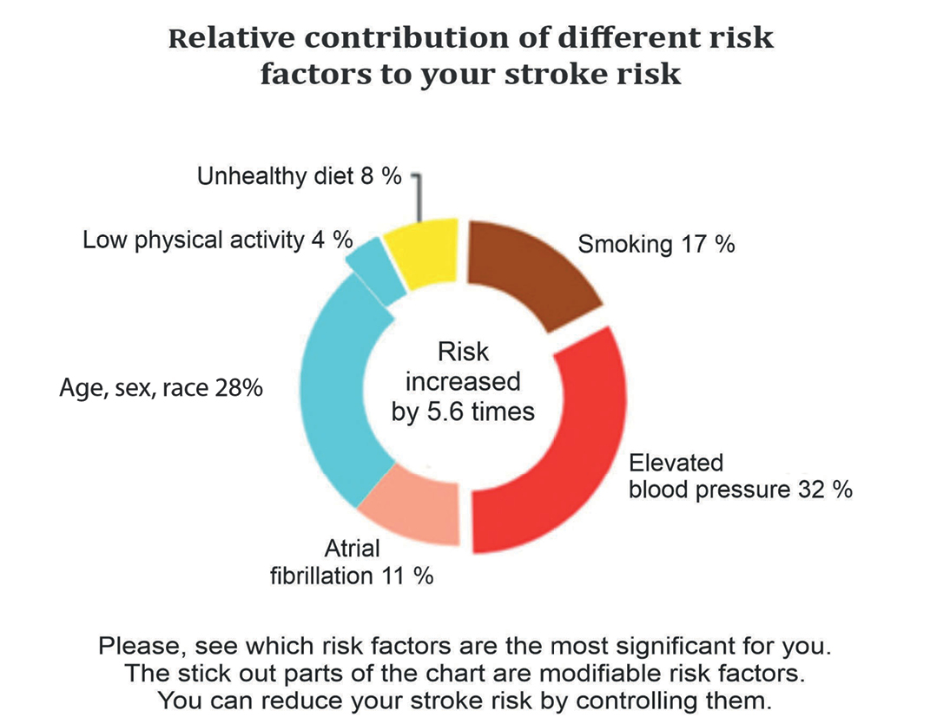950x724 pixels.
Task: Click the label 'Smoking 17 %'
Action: pos(656,244)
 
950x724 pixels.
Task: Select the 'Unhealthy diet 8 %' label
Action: pos(300,177)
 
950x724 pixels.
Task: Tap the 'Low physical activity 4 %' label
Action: pos(212,240)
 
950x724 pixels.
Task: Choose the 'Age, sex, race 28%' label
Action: pos(162,388)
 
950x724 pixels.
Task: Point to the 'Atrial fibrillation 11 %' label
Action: pos(379,563)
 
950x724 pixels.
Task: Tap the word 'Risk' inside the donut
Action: pos(463,352)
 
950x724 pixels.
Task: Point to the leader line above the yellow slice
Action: pos(419,196)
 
